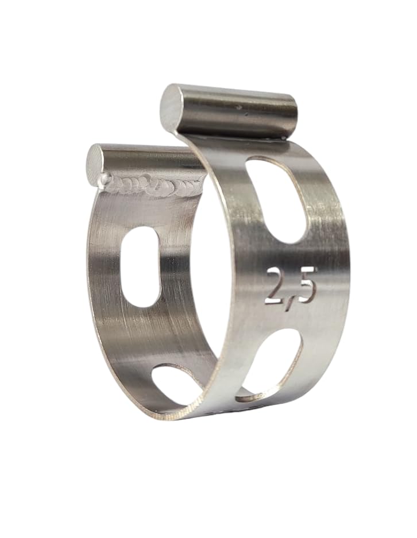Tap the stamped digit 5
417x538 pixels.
pyautogui.click(x=304, y=289)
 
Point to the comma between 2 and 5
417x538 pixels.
pyautogui.click(x=288, y=302)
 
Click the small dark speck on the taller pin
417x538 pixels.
pyautogui.click(x=237, y=107)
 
